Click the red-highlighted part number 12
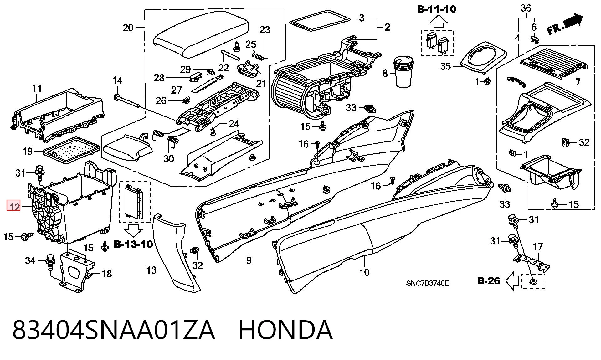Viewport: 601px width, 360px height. (14, 206)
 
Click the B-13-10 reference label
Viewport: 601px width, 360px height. (133, 244)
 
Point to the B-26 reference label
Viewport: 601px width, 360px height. (489, 280)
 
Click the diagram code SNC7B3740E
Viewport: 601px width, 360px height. (428, 283)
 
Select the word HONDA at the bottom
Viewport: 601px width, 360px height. (285, 330)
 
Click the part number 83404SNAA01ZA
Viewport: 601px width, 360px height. (114, 330)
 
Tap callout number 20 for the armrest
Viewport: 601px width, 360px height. (128, 28)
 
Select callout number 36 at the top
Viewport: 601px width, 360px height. (526, 8)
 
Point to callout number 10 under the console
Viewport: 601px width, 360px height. (364, 272)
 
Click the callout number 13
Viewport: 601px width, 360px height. (151, 270)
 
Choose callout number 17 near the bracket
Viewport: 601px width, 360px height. (538, 247)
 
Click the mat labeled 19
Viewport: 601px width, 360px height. (70, 151)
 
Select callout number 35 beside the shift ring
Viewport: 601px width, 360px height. (446, 66)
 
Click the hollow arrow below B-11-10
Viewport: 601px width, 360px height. (438, 22)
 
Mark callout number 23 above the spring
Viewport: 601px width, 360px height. (265, 30)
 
